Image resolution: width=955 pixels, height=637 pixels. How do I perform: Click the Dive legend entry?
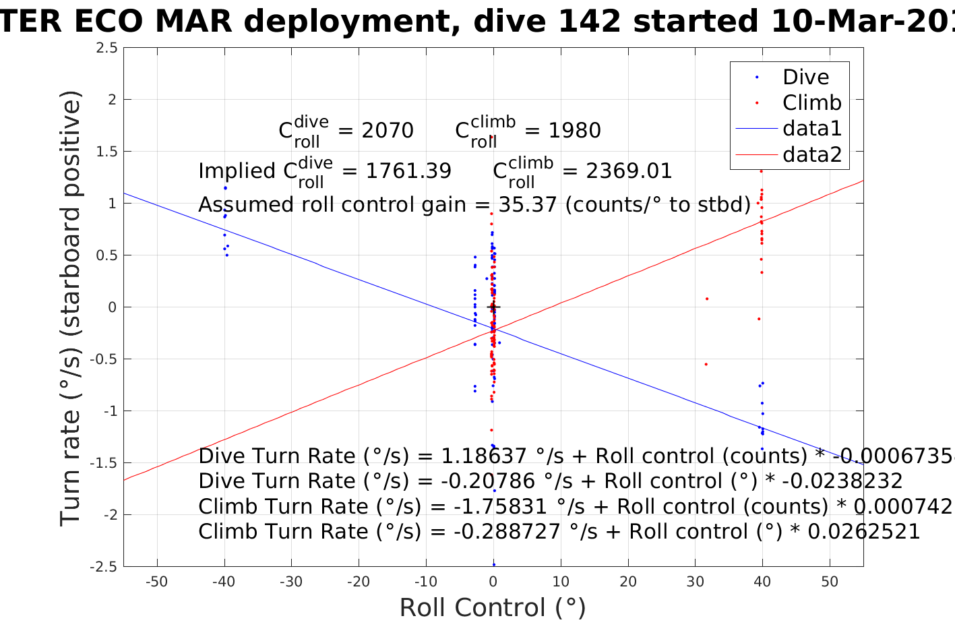pyautogui.click(x=805, y=77)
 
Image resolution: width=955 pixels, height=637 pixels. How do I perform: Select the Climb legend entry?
pyautogui.click(x=811, y=102)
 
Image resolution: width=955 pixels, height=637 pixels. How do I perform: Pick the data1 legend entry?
pyautogui.click(x=811, y=128)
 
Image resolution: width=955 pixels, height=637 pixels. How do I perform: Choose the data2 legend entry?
pyautogui.click(x=811, y=154)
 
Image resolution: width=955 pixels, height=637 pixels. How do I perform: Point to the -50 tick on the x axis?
pyautogui.click(x=157, y=582)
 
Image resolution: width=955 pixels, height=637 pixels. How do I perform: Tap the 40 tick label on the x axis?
pyautogui.click(x=762, y=582)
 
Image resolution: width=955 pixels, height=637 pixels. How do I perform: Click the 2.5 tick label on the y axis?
pyautogui.click(x=106, y=48)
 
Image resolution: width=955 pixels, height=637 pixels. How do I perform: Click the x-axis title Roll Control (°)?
pyautogui.click(x=493, y=608)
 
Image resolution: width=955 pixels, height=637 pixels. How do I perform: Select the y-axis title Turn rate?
pyautogui.click(x=71, y=307)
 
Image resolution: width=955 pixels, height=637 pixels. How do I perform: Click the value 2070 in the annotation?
pyautogui.click(x=388, y=130)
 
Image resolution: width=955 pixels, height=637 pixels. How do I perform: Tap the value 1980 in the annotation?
pyautogui.click(x=574, y=130)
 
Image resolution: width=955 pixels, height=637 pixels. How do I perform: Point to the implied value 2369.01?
pyautogui.click(x=629, y=171)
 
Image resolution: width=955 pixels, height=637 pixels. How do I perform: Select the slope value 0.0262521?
pyautogui.click(x=863, y=532)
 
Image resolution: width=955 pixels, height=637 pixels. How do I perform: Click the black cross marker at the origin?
pyautogui.click(x=493, y=307)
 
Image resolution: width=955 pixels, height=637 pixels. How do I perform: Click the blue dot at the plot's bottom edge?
pyautogui.click(x=493, y=564)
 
